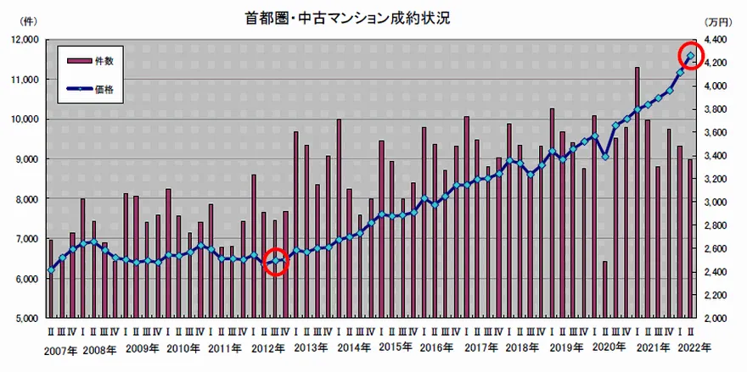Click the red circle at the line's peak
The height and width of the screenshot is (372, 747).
click(691, 56)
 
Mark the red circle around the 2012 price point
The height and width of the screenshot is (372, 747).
click(275, 261)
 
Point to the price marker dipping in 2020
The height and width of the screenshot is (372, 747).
click(605, 157)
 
